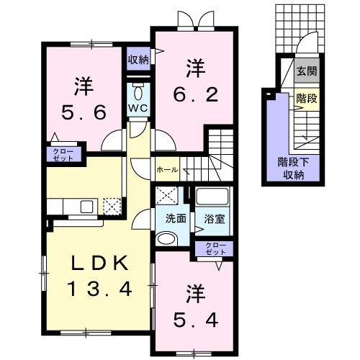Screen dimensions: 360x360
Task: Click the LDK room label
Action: [99, 264]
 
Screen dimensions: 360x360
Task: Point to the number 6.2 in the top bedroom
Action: [194, 92]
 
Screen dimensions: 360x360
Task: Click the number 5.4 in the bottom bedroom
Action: [194, 316]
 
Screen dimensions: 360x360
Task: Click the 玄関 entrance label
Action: [306, 72]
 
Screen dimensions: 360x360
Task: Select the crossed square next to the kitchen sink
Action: [112, 207]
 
